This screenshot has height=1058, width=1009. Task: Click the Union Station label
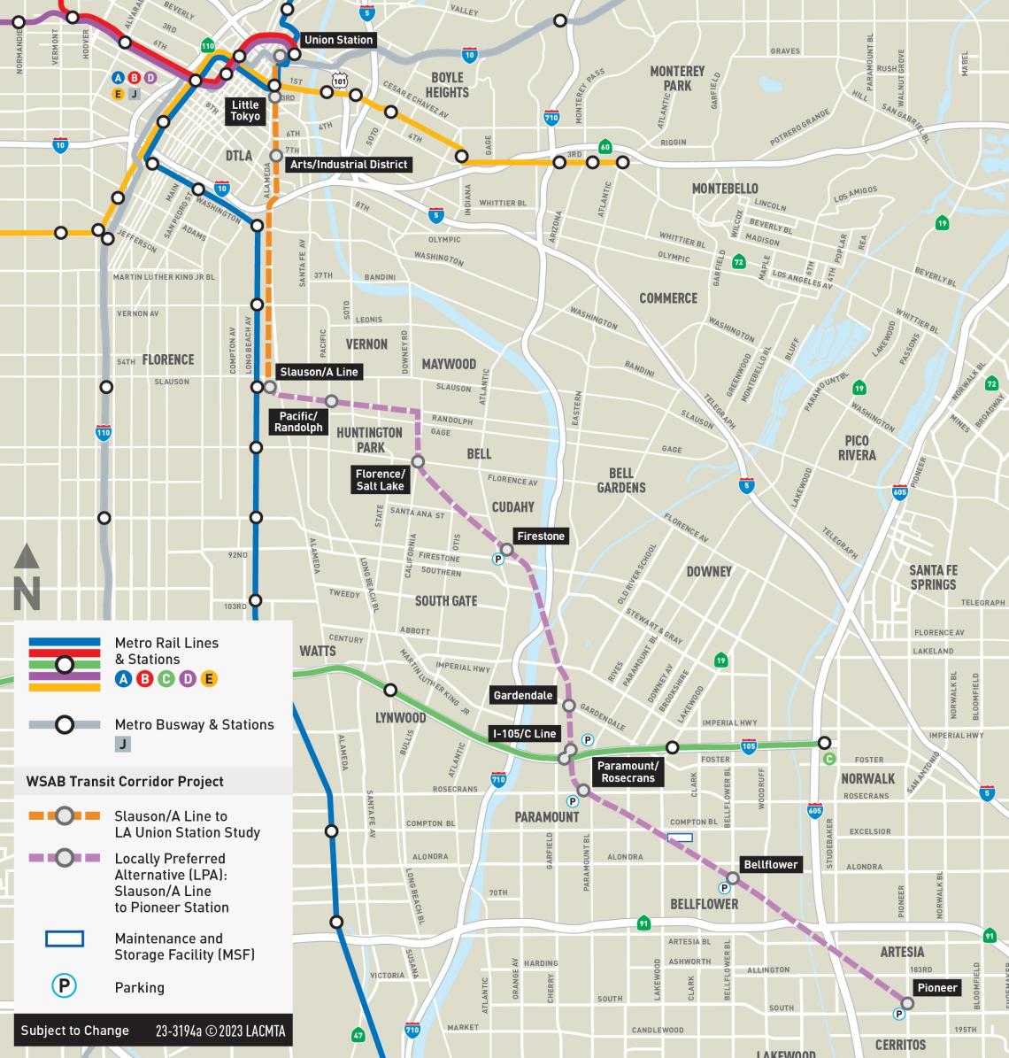click(x=338, y=40)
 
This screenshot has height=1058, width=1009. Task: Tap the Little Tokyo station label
click(x=245, y=111)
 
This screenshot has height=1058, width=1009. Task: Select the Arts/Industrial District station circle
click(x=276, y=155)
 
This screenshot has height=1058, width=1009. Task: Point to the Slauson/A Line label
click(x=319, y=372)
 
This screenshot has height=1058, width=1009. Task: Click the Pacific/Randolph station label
click(x=298, y=421)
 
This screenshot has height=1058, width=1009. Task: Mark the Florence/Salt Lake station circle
click(x=418, y=461)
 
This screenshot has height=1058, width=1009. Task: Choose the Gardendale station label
click(x=523, y=695)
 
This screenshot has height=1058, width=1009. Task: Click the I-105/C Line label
click(x=525, y=734)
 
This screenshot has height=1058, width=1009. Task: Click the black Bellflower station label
click(x=770, y=864)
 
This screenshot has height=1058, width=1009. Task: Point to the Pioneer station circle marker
click(x=907, y=1003)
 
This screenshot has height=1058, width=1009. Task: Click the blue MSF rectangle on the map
click(x=680, y=837)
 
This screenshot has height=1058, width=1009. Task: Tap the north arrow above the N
click(x=27, y=558)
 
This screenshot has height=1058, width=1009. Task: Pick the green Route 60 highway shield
click(x=605, y=147)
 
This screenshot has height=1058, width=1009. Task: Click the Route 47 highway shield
click(x=358, y=1034)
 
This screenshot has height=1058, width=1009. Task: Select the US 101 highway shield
click(x=340, y=81)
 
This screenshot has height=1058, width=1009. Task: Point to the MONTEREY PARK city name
click(x=677, y=78)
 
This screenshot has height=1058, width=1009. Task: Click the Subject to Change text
click(x=74, y=1031)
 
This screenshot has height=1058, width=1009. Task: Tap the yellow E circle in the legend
click(x=210, y=679)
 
